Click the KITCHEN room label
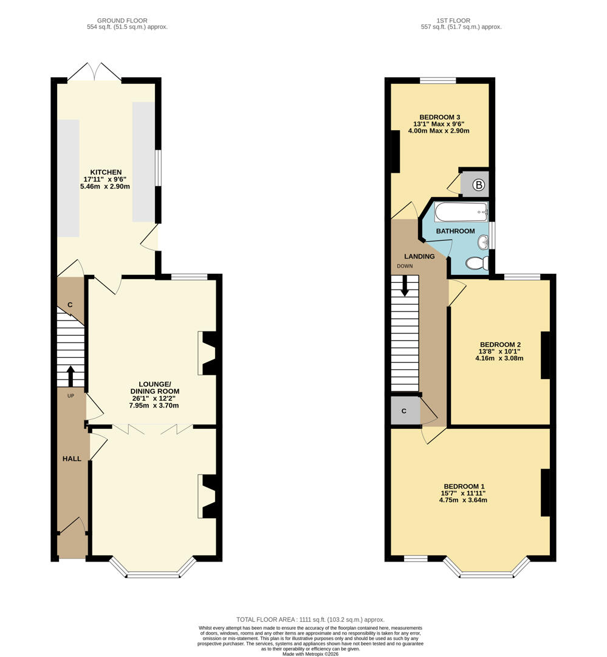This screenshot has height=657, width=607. tap(106, 172)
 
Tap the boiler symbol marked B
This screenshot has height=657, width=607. tap(478, 184)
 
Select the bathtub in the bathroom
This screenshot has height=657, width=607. tap(461, 212)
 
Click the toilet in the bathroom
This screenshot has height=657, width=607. tap(477, 263)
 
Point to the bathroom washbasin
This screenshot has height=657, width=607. tap(483, 242)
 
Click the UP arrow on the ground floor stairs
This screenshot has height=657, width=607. tap(70, 377)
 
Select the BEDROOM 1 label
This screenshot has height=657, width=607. tap(464, 487)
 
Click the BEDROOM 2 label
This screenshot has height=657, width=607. tap(500, 344)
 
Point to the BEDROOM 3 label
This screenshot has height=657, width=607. tap(439, 117)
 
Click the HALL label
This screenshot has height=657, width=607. tap(72, 459)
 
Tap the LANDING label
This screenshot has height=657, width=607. tap(419, 257)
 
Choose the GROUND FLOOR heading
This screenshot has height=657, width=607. tap(122, 20)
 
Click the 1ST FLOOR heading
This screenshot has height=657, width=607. tap(453, 20)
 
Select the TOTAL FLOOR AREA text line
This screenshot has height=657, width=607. tap(310, 619)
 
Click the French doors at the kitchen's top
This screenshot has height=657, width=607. tap(95, 71)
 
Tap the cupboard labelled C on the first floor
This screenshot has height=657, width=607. tap(405, 411)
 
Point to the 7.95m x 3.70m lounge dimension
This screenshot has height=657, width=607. tap(154, 406)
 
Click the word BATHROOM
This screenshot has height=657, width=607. tap(456, 231)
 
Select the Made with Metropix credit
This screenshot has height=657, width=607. tap(310, 653)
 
